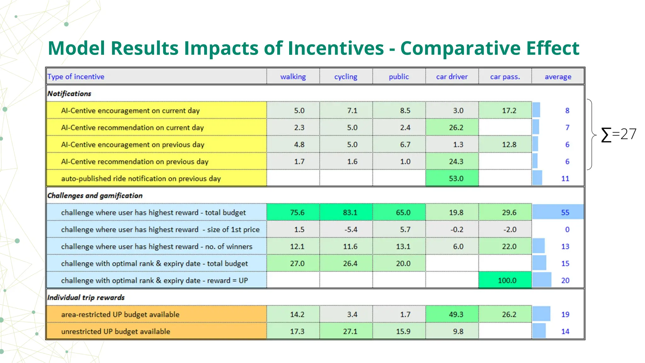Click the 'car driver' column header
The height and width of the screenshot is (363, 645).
pyautogui.click(x=452, y=77)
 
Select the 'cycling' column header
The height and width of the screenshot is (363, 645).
pyautogui.click(x=345, y=77)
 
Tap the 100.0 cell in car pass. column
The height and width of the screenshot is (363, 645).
pyautogui.click(x=507, y=280)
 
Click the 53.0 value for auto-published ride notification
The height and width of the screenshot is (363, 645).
pyautogui.click(x=456, y=179)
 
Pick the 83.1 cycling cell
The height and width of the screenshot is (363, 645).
pyautogui.click(x=350, y=213)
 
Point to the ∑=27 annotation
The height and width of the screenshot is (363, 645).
pyautogui.click(x=619, y=134)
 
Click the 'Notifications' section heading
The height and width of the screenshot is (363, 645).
pyautogui.click(x=69, y=94)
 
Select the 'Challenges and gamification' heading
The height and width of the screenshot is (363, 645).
pyautogui.click(x=95, y=196)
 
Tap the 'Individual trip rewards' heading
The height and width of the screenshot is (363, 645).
pyautogui.click(x=86, y=297)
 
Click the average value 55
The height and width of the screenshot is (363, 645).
pyautogui.click(x=565, y=213)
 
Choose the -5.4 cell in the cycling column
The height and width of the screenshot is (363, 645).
pyautogui.click(x=351, y=230)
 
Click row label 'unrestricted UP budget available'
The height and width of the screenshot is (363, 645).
pyautogui.click(x=116, y=331)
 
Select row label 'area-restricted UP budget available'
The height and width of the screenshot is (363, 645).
pyautogui.click(x=120, y=314)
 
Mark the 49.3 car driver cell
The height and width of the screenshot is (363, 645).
pyautogui.click(x=456, y=314)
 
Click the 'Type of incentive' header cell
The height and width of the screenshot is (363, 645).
pyautogui.click(x=76, y=77)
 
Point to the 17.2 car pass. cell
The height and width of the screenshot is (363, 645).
pyautogui.click(x=509, y=111)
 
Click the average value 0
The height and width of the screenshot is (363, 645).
pyautogui.click(x=567, y=230)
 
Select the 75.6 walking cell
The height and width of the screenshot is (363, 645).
pyautogui.click(x=297, y=213)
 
